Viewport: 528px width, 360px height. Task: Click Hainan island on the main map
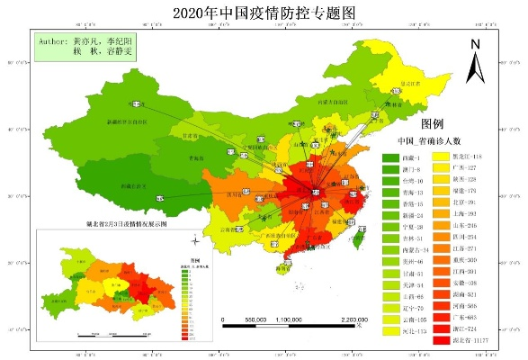283,266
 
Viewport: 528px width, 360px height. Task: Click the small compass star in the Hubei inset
195,241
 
